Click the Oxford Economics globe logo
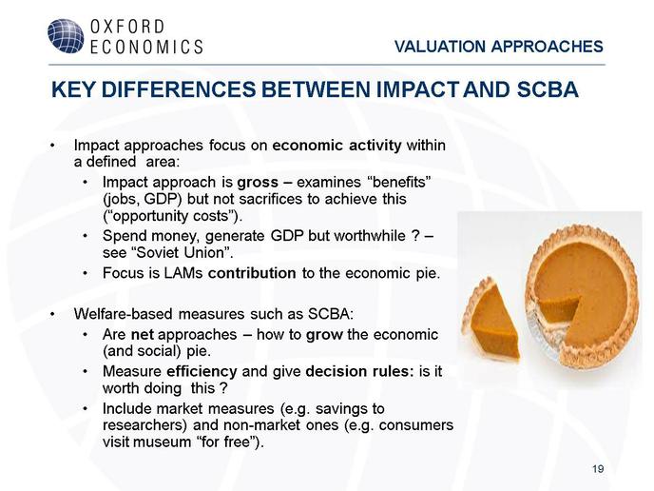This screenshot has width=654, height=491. pyautogui.click(x=66, y=36)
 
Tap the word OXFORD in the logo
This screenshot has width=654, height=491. pyautogui.click(x=127, y=28)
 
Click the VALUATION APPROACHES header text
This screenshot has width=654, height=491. pyautogui.click(x=499, y=47)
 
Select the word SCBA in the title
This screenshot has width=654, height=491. pyautogui.click(x=548, y=89)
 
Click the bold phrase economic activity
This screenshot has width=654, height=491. pyautogui.click(x=337, y=146)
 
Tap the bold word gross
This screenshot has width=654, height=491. pyautogui.click(x=258, y=183)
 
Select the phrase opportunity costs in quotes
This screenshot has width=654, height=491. pyautogui.click(x=172, y=216)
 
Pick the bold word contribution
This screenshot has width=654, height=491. pyautogui.click(x=252, y=273)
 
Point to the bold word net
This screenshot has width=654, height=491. pyautogui.click(x=143, y=335)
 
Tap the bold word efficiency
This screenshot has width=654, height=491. pyautogui.click(x=202, y=371)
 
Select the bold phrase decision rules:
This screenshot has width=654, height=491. pyautogui.click(x=359, y=371)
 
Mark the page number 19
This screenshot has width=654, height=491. pyautogui.click(x=598, y=469)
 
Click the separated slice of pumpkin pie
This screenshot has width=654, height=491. pyautogui.click(x=491, y=323)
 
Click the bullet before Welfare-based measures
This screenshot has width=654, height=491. pyautogui.click(x=52, y=314)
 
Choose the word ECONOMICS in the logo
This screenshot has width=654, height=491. pyautogui.click(x=146, y=47)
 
